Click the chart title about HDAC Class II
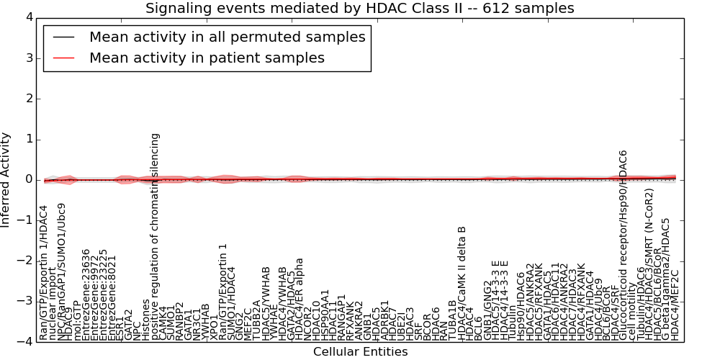point(359,8)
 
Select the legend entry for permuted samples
point(227,37)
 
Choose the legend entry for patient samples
point(207,58)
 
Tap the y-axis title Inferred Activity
point(6,179)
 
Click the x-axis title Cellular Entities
point(360,352)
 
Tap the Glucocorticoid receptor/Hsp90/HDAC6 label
point(624,246)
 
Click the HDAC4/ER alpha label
point(300,299)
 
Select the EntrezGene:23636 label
point(86,294)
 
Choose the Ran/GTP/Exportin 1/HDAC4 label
point(44,273)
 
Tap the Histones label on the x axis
point(145,320)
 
